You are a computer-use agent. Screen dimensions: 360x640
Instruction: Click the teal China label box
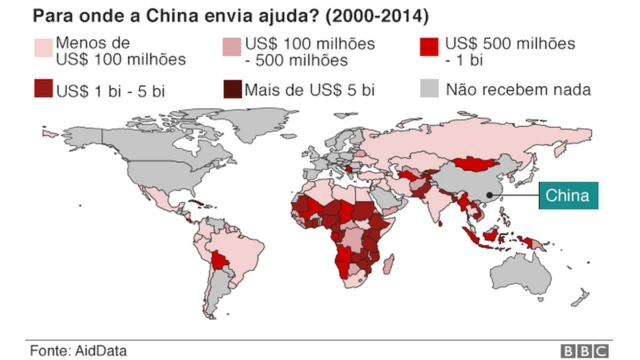[x=568, y=196]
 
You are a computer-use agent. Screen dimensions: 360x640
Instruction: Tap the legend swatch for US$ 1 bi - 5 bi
[x=44, y=90]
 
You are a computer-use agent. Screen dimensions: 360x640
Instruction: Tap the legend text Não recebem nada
[x=518, y=90]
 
